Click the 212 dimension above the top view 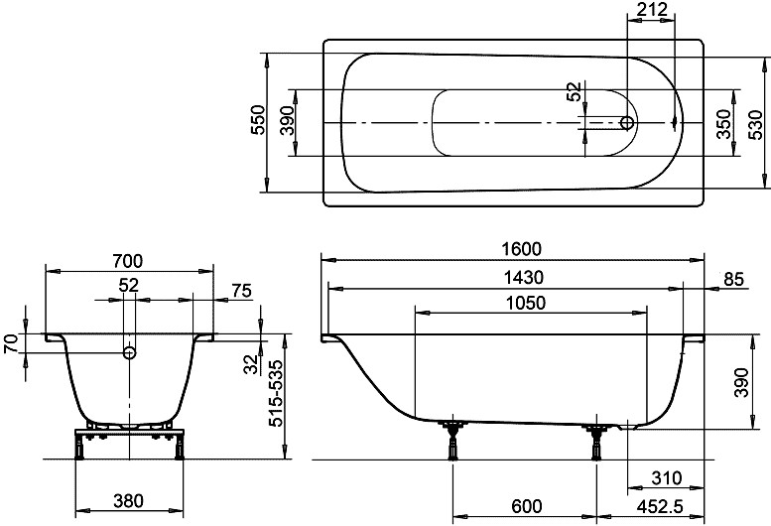[652, 9]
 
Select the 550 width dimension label [257, 120]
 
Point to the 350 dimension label [723, 124]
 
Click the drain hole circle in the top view [627, 123]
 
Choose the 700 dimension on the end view [128, 261]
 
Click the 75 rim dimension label [241, 291]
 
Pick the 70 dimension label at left [12, 343]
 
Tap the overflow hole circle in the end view [129, 352]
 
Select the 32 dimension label [251, 364]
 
